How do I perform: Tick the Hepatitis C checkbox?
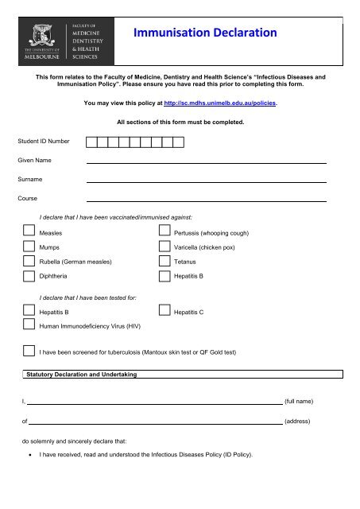click(163, 313)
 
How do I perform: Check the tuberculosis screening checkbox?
click(29, 351)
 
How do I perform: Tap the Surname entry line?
click(206, 181)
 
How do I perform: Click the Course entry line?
click(206, 200)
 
